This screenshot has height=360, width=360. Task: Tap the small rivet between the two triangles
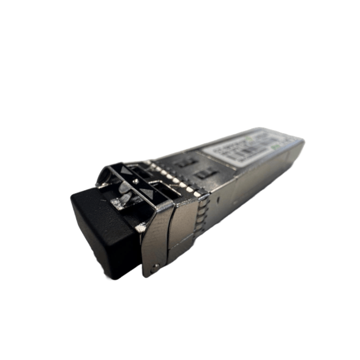point(136,182)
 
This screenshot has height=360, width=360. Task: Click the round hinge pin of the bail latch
point(155,267)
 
